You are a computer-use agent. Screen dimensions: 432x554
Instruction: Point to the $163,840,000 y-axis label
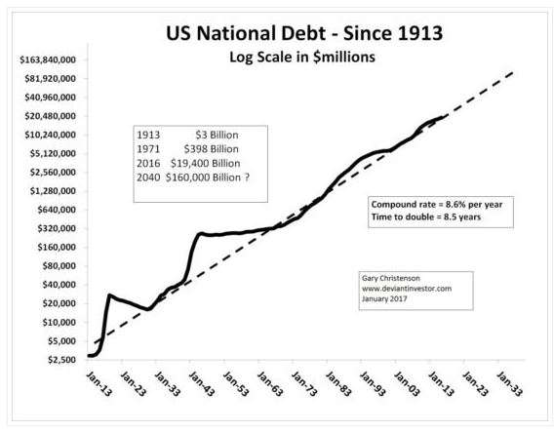pyautogui.click(x=48, y=60)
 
